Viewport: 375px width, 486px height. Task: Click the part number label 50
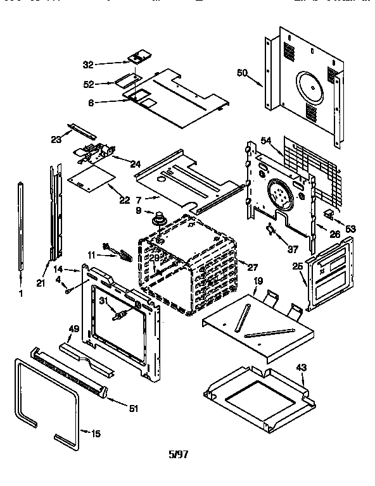click(241, 73)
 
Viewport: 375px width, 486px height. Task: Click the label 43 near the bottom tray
click(301, 368)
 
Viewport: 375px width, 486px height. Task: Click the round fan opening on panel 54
click(281, 192)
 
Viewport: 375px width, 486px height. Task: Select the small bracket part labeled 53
click(329, 215)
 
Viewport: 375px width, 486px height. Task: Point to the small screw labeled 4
click(65, 290)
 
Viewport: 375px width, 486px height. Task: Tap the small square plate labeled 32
click(137, 58)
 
